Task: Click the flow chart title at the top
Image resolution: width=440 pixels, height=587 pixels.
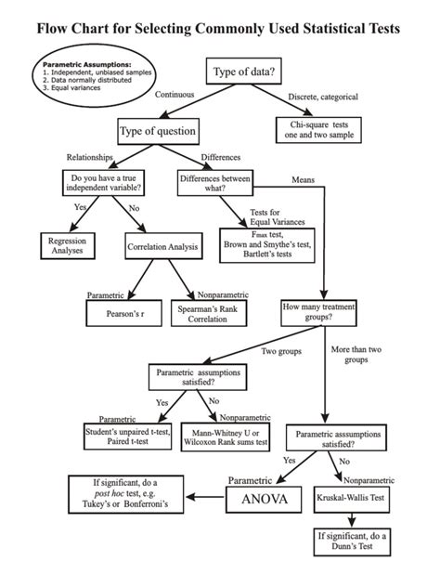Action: (x=220, y=29)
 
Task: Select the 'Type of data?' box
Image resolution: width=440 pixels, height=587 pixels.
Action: (x=243, y=72)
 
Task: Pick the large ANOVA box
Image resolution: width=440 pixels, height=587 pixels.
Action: (x=264, y=501)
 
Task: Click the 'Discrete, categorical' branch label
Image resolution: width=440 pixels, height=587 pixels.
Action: (x=323, y=97)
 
